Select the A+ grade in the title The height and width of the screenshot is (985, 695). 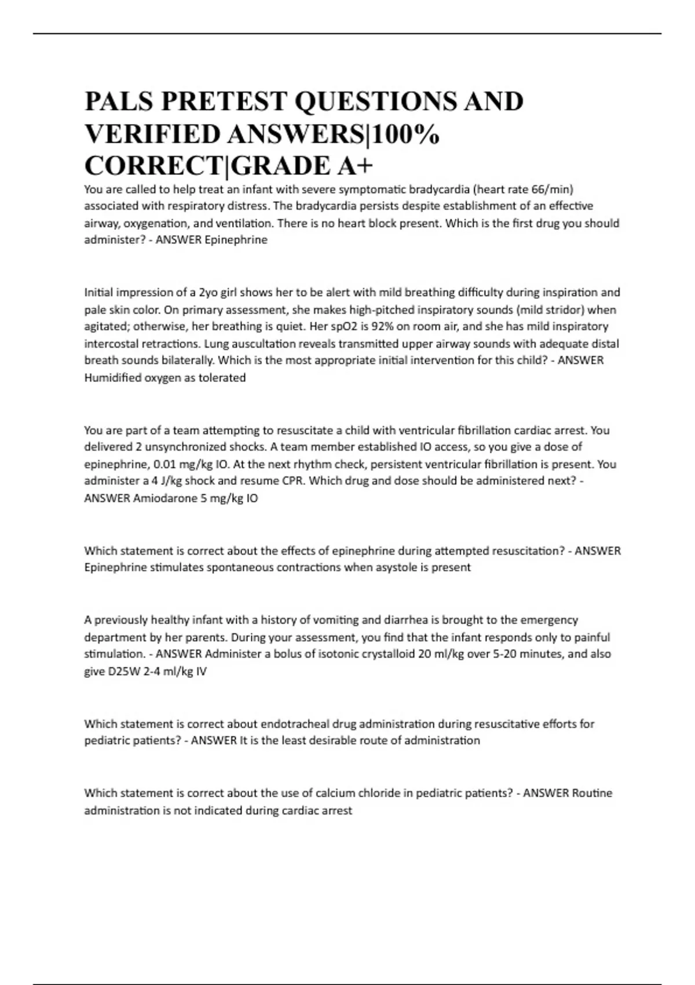coord(354,166)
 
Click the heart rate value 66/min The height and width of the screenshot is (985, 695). coord(552,189)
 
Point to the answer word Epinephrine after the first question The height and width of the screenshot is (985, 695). coord(236,240)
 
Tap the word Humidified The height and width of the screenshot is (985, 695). coord(112,378)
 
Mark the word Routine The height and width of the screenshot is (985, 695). coord(591,793)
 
